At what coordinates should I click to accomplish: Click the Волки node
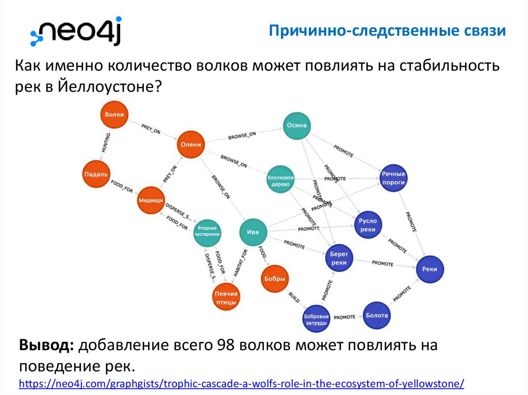113,115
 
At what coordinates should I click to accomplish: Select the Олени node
190,145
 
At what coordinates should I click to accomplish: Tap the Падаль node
96,175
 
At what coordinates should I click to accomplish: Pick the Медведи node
151,201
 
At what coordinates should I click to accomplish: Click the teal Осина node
296,126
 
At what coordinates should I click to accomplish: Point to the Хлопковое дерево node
280,181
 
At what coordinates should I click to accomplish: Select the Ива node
253,232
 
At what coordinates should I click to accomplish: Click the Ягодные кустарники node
207,231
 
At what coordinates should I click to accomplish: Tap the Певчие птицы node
226,298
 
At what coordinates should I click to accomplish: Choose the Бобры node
274,279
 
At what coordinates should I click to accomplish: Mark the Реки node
430,268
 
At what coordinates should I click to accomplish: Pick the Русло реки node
368,225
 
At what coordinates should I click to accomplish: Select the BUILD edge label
294,298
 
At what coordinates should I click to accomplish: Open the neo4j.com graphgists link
242,384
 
